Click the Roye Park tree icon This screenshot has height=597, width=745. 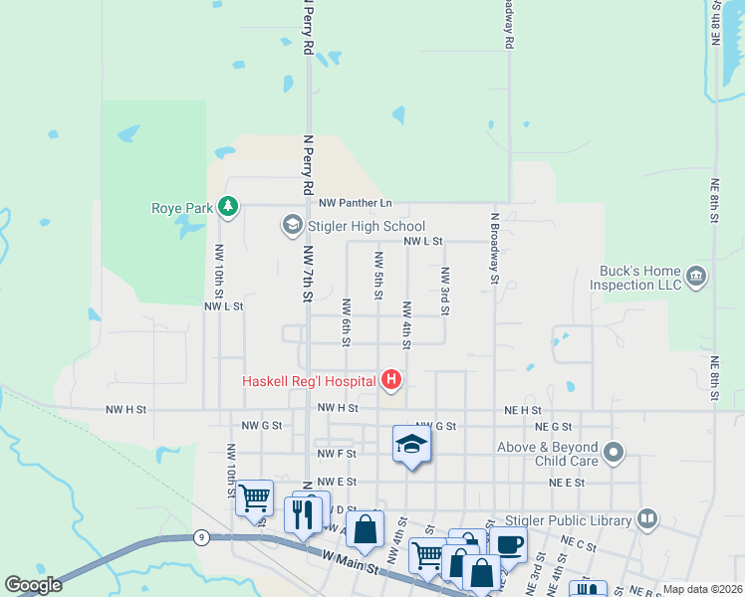230,207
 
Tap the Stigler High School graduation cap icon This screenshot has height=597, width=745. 293,226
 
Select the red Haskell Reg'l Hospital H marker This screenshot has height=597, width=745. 392,380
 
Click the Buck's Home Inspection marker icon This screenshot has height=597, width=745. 696,275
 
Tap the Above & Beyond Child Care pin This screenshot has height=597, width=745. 615,454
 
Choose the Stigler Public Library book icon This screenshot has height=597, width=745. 647,518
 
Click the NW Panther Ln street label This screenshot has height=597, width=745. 356,203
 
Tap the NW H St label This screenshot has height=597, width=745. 126,409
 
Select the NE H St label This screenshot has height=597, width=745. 522,409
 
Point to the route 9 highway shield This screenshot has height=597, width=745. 201,537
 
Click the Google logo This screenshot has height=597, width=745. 33,585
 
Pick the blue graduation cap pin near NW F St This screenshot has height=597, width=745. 411,445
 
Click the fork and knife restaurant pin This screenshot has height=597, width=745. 304,513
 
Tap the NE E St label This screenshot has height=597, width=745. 566,482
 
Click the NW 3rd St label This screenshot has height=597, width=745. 444,292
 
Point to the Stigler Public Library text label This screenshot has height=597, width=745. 585,518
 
